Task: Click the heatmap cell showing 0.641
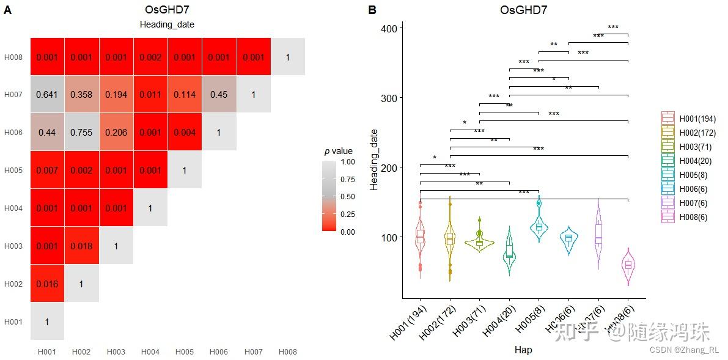point(47,95)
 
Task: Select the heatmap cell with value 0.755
point(81,133)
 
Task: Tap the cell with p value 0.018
point(81,246)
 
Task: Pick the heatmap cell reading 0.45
point(219,95)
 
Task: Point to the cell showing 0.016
point(47,284)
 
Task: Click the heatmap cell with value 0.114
point(185,95)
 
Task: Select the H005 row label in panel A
point(13,171)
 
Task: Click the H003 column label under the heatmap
point(116,352)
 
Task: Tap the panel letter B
point(372,10)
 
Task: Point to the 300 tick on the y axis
point(389,98)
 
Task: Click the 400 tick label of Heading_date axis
point(389,28)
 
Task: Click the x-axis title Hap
point(523,350)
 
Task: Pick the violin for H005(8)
point(539,225)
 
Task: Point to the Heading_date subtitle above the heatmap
point(167,25)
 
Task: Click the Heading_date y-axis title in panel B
point(374,160)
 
